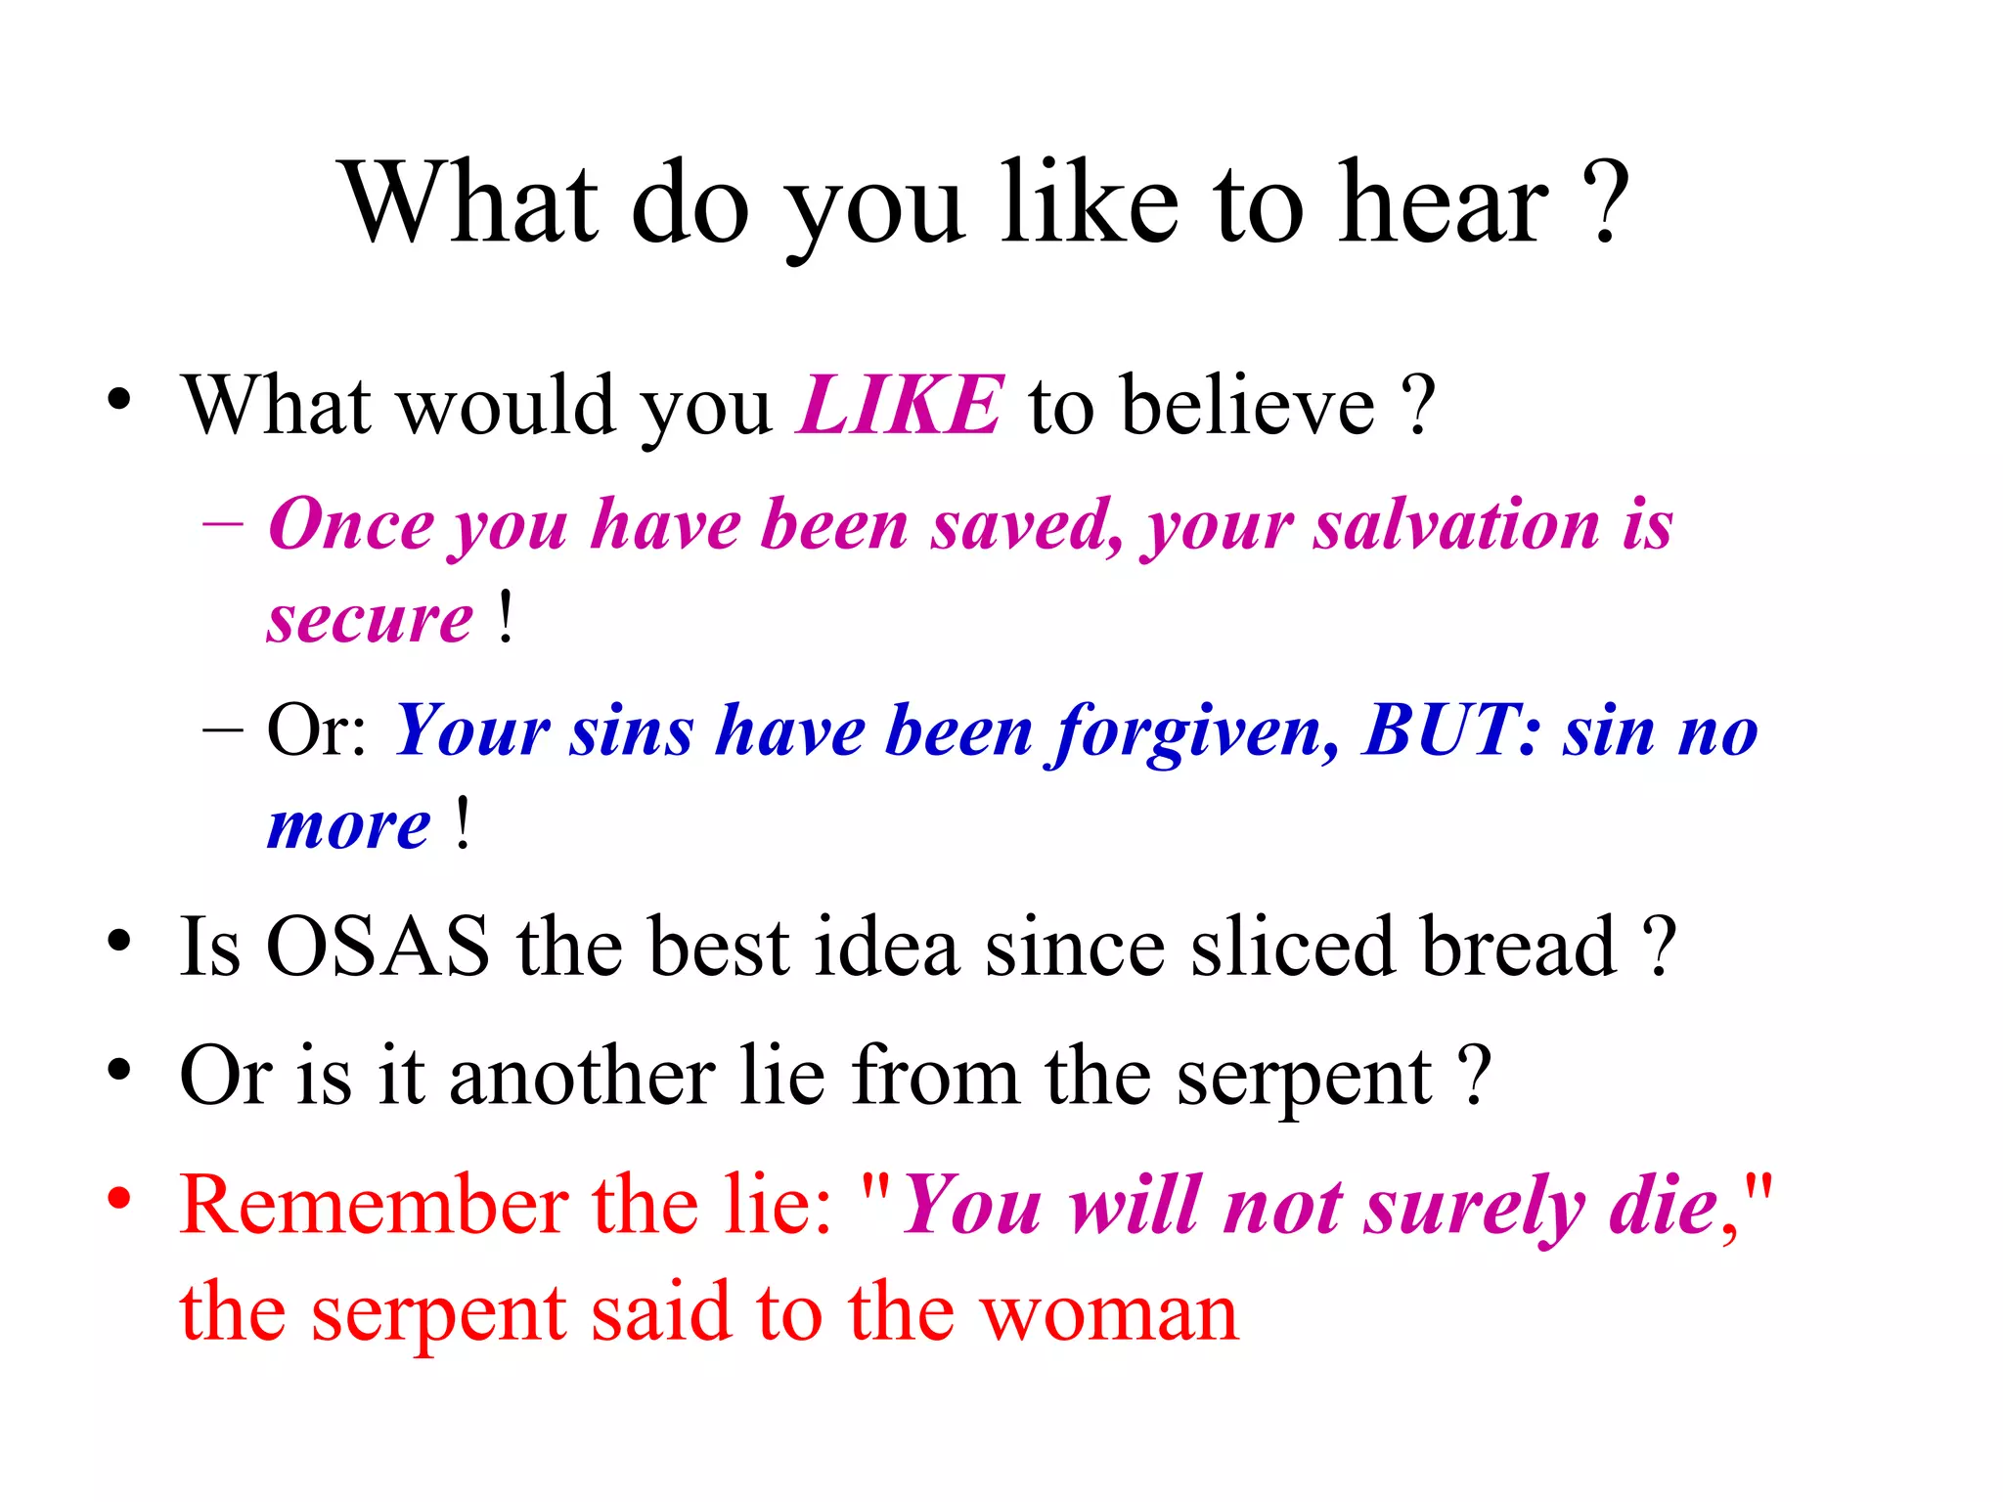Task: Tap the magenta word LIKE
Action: [x=900, y=405]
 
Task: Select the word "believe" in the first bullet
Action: [x=1248, y=405]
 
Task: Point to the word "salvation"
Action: [x=1455, y=525]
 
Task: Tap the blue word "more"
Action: [x=348, y=827]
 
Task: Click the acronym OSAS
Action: [x=378, y=947]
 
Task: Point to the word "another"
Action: [x=583, y=1076]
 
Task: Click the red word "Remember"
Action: [x=374, y=1205]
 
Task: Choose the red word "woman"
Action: [x=1109, y=1312]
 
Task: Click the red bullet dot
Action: [x=119, y=1199]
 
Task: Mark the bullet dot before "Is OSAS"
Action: [x=119, y=941]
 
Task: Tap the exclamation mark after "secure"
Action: [x=505, y=618]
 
